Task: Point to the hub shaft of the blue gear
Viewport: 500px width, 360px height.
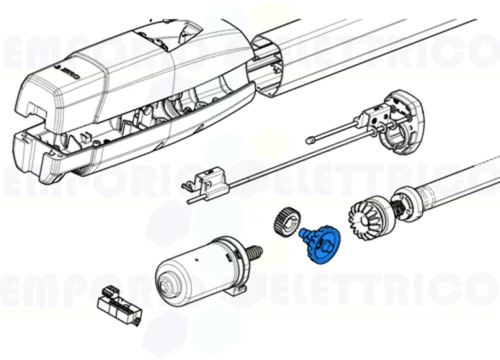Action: click(x=306, y=235)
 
